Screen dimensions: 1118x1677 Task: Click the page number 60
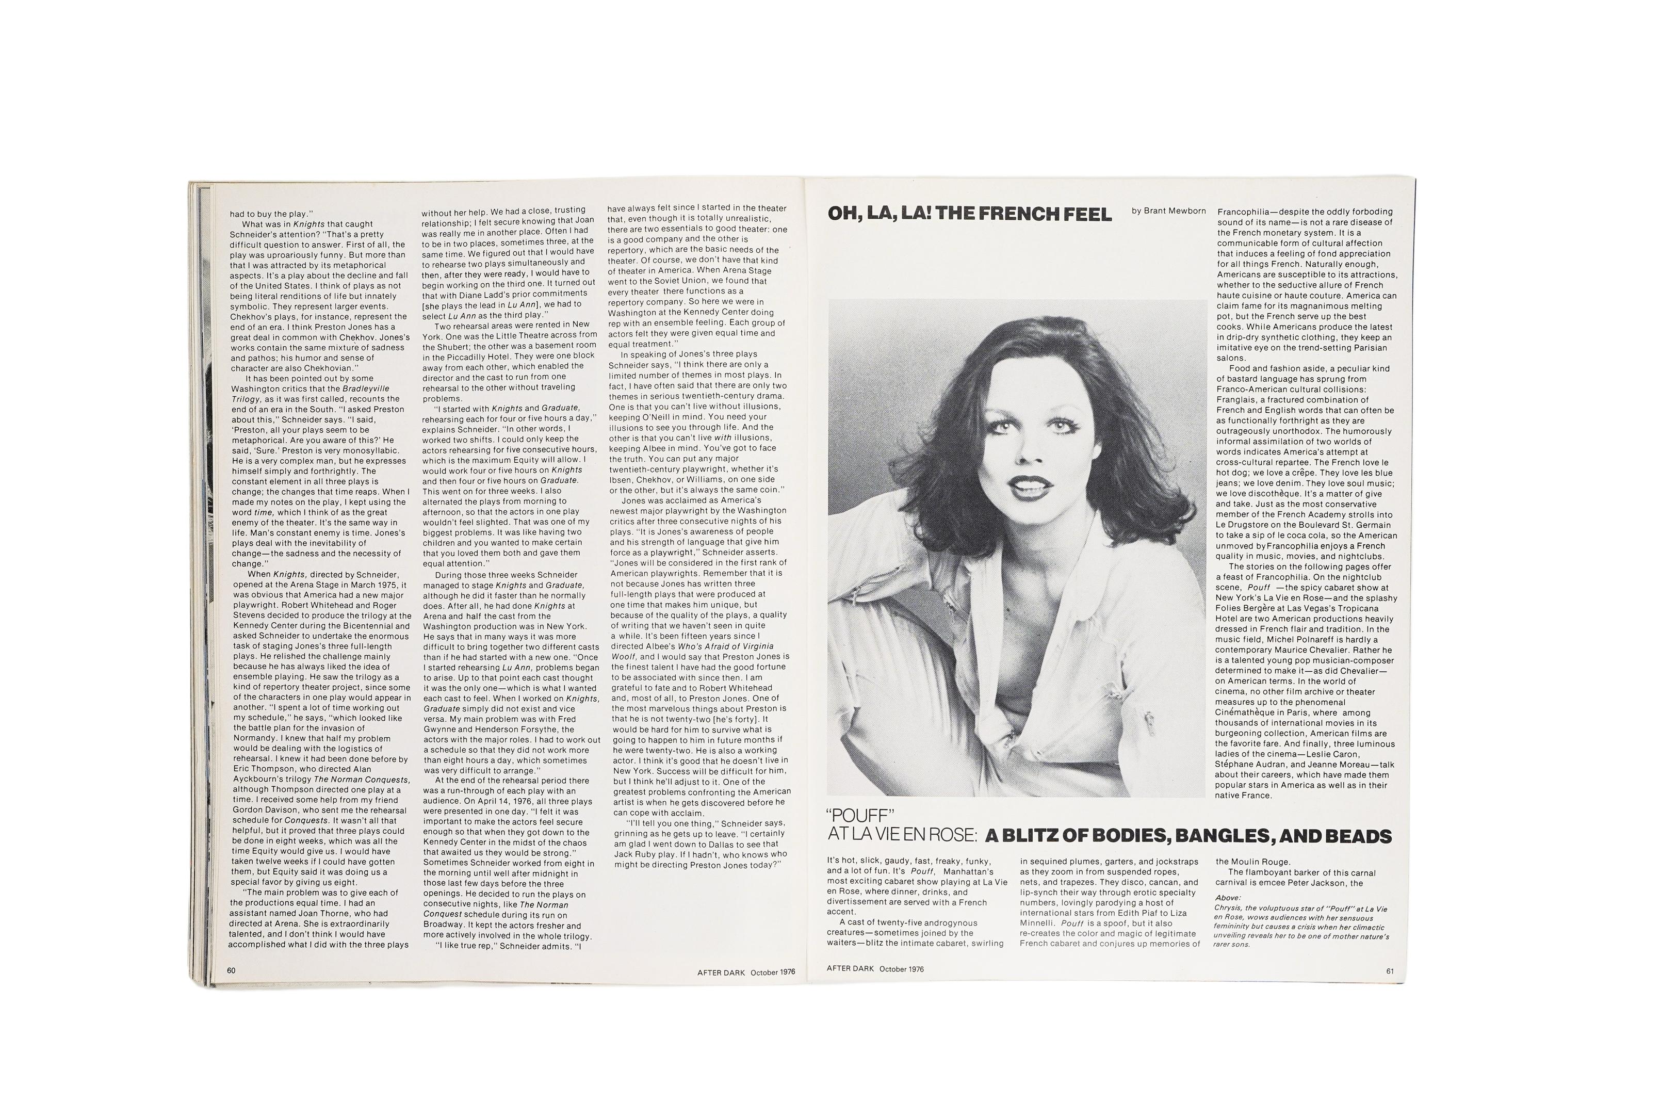click(231, 970)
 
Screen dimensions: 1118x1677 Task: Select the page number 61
click(1390, 970)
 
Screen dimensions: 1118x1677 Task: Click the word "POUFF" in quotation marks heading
click(860, 816)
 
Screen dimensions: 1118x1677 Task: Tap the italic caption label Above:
click(1227, 898)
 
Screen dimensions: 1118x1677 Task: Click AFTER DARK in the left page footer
click(721, 972)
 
